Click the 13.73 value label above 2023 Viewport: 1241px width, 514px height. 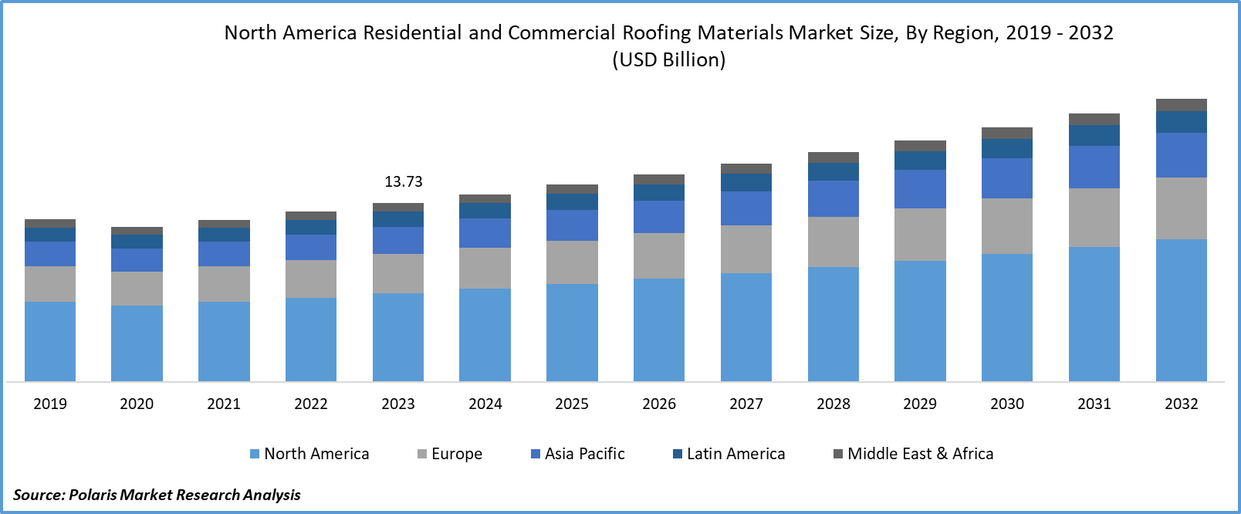404,182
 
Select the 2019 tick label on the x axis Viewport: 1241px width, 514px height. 50,404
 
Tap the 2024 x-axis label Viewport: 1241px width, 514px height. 485,404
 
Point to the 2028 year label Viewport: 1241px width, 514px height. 834,404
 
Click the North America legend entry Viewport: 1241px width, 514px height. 309,454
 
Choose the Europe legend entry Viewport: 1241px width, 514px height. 450,454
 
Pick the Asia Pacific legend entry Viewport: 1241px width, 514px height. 578,454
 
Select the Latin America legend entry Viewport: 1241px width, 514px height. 729,454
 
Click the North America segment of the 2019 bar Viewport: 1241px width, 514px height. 50,341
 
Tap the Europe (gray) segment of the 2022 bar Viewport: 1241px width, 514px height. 311,279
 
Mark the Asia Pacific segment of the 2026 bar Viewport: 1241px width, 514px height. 659,217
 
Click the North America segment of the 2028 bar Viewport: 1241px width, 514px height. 834,324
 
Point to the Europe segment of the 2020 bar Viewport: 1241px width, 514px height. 137,289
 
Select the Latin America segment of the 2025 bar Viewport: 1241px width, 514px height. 572,202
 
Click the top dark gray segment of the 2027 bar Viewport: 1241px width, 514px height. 746,169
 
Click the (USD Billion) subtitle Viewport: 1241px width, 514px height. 669,60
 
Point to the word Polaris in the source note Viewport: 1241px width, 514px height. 93,495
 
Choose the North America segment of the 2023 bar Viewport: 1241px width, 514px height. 398,337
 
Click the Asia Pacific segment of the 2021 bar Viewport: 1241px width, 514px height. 224,254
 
